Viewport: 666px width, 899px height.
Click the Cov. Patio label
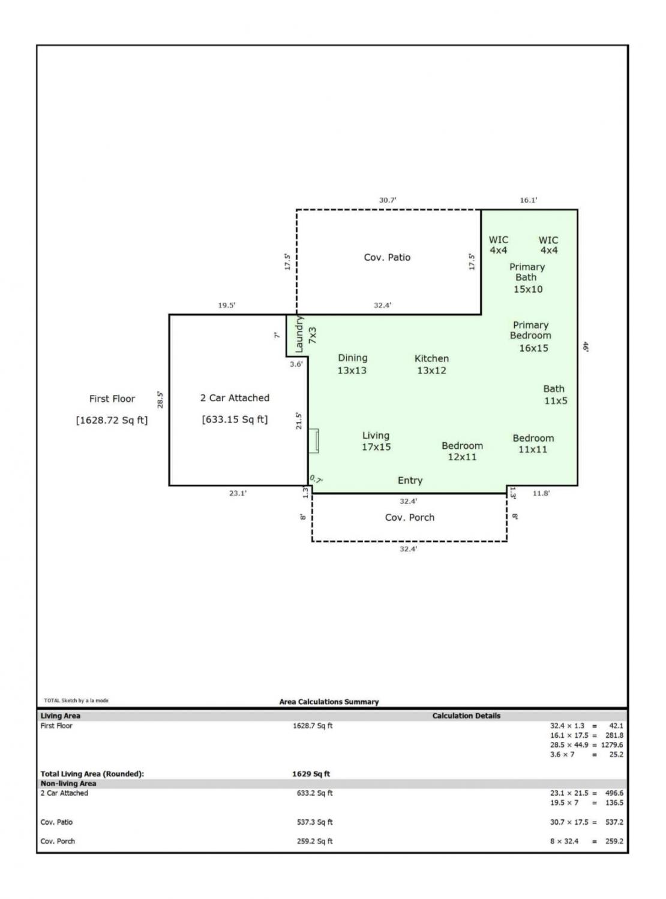[387, 257]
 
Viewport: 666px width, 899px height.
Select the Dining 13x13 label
[352, 364]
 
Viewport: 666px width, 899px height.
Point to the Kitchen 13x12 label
[431, 364]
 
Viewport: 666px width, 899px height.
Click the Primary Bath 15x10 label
[527, 278]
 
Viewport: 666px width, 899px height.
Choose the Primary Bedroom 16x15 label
[530, 336]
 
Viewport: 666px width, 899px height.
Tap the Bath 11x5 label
[555, 395]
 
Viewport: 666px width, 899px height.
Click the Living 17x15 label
[376, 441]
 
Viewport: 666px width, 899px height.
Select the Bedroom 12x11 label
[462, 451]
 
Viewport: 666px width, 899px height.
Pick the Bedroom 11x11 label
[533, 444]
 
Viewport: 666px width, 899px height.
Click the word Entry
[410, 481]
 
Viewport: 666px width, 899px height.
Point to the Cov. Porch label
[410, 518]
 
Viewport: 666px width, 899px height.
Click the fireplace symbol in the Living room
[313, 441]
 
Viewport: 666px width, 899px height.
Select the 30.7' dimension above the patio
[388, 200]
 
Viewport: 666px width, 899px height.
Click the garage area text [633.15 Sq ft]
[235, 420]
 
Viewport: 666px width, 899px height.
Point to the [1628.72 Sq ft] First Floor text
[112, 420]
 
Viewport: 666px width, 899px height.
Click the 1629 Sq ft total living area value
[311, 774]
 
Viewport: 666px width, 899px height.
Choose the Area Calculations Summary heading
[329, 702]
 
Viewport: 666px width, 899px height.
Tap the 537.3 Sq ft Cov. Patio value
[314, 822]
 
